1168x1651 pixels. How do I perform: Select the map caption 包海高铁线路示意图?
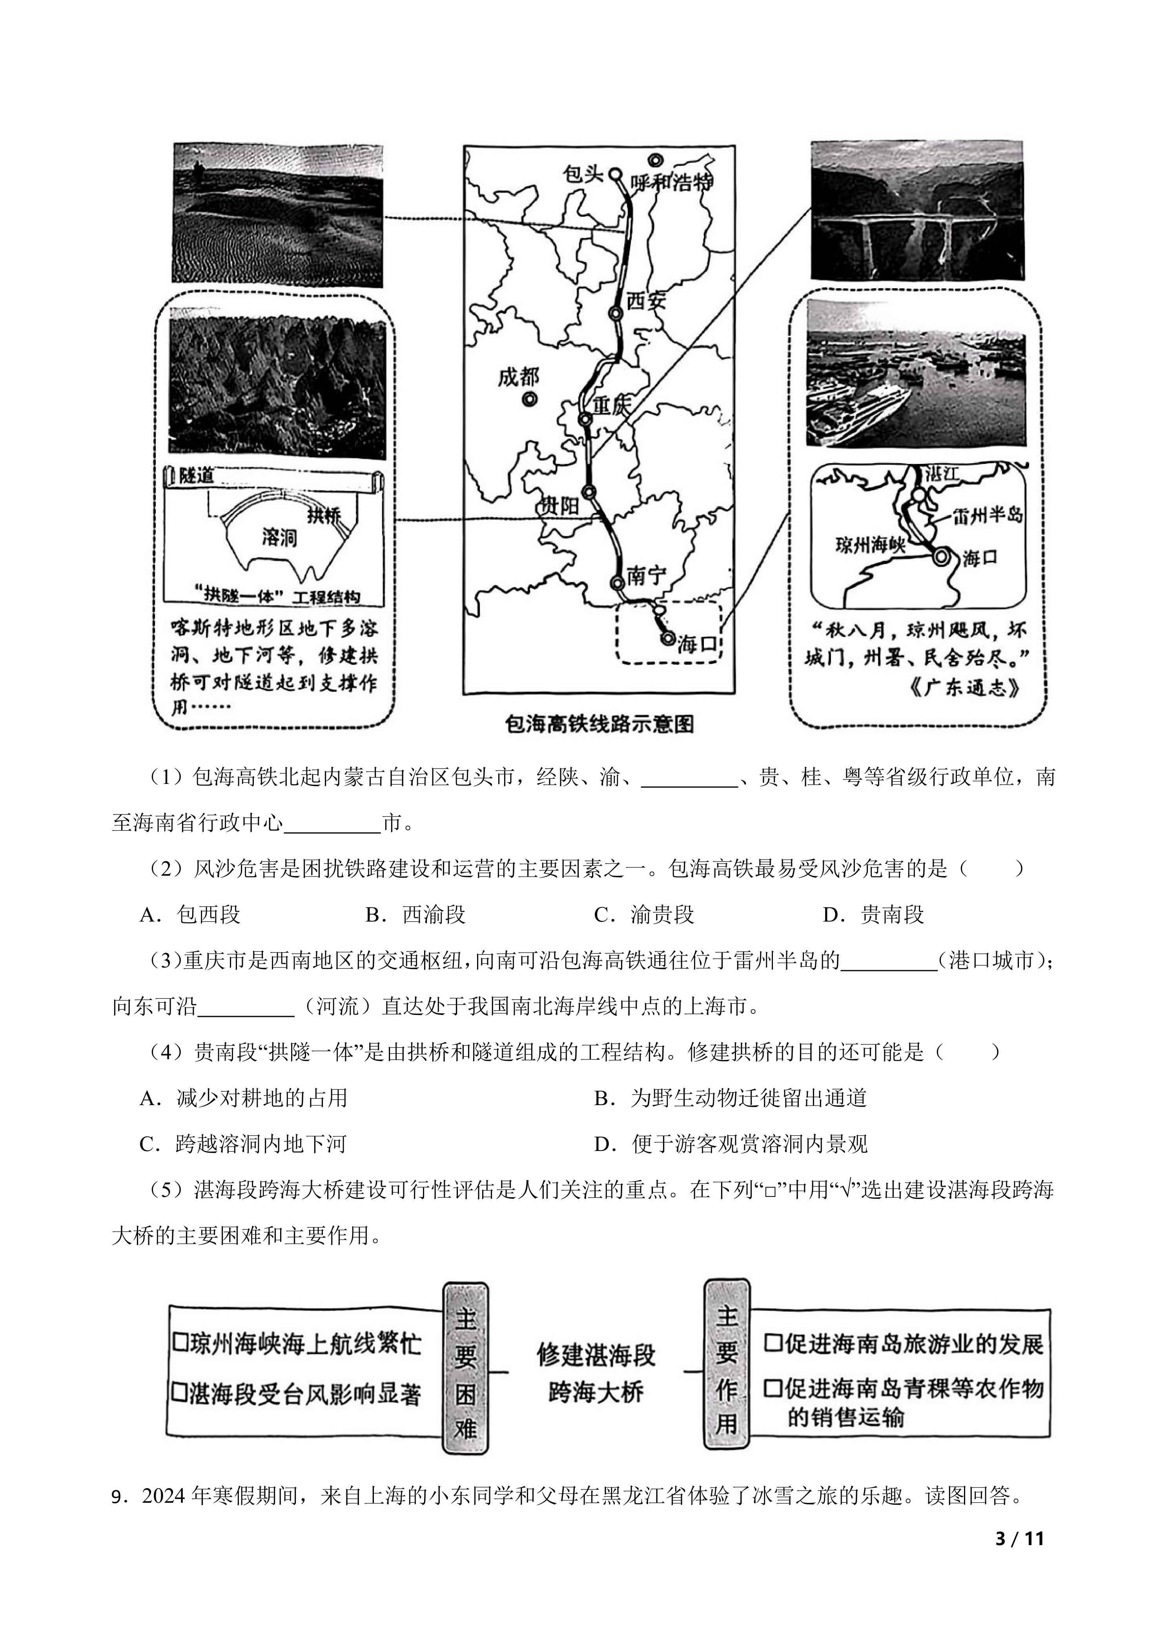599,724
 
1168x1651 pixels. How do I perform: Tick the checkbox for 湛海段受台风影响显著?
180,1394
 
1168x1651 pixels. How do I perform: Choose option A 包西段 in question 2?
190,915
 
